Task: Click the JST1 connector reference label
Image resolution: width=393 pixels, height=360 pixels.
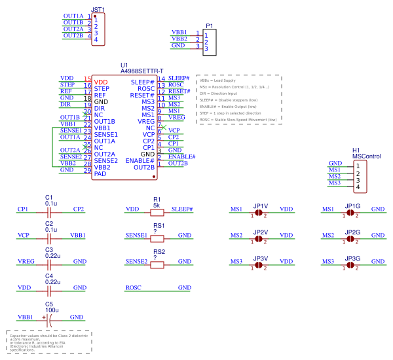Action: click(x=98, y=9)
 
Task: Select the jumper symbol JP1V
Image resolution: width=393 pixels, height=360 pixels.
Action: click(x=259, y=213)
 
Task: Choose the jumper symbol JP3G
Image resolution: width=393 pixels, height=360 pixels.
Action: click(x=352, y=265)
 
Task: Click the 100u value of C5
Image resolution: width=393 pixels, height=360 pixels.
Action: click(x=52, y=310)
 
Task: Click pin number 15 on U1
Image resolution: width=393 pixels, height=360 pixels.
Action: click(x=87, y=79)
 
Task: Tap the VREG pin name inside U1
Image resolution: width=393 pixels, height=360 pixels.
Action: click(x=145, y=122)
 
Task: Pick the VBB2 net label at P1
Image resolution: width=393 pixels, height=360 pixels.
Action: click(x=179, y=39)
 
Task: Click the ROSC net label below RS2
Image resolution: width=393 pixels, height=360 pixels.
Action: click(x=134, y=287)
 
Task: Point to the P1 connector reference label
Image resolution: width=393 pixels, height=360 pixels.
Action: click(x=210, y=26)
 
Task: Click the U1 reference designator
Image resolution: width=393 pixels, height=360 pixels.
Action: click(x=124, y=64)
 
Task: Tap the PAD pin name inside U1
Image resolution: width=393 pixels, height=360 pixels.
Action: click(x=100, y=174)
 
